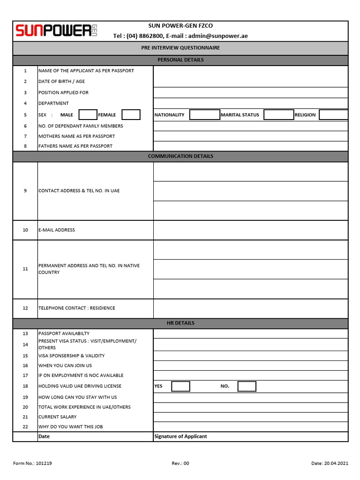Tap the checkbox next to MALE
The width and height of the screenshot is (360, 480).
(88, 115)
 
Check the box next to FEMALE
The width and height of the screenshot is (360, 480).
(131, 115)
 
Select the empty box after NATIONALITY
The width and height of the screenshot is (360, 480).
(204, 115)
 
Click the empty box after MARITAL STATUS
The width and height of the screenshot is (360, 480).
(278, 115)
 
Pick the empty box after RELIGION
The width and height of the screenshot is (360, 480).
(333, 115)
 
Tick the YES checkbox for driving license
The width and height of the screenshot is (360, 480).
(180, 386)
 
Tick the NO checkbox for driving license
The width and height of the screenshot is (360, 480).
(247, 386)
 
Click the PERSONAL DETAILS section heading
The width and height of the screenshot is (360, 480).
(180, 60)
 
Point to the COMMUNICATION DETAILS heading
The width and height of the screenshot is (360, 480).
(180, 156)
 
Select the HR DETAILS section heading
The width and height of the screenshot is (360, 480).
(180, 323)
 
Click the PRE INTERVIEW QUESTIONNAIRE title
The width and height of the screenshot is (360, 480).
(180, 48)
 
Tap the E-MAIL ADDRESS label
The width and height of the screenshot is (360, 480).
(57, 230)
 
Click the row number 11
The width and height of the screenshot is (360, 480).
(25, 269)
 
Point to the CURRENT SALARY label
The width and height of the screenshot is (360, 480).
(58, 417)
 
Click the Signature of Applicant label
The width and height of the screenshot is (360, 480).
(180, 436)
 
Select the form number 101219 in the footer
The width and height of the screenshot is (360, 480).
(44, 464)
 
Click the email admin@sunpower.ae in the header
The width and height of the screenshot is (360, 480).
(218, 36)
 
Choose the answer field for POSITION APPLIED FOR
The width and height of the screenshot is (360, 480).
(250, 93)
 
